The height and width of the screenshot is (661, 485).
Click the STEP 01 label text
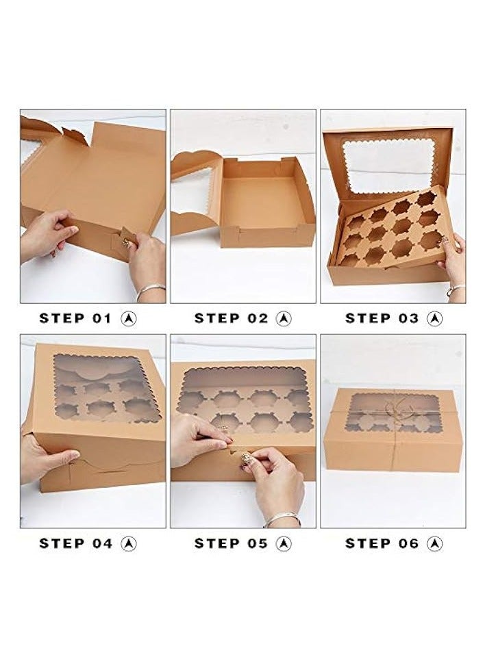75,318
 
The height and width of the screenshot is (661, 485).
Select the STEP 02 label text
230,318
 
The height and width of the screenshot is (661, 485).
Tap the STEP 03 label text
381,318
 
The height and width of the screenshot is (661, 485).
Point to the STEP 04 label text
75,543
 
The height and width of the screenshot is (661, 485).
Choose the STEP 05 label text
230,543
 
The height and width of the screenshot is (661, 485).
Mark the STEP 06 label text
381,543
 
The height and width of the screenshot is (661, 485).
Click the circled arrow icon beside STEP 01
128,318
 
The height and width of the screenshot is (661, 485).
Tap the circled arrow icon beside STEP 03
434,318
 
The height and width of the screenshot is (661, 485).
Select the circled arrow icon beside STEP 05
284,543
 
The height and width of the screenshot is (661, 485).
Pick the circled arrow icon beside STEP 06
434,543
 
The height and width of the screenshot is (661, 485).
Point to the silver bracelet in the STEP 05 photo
282,519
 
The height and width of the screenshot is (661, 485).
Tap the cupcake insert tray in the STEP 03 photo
390,229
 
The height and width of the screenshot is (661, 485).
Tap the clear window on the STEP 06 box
394,413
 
